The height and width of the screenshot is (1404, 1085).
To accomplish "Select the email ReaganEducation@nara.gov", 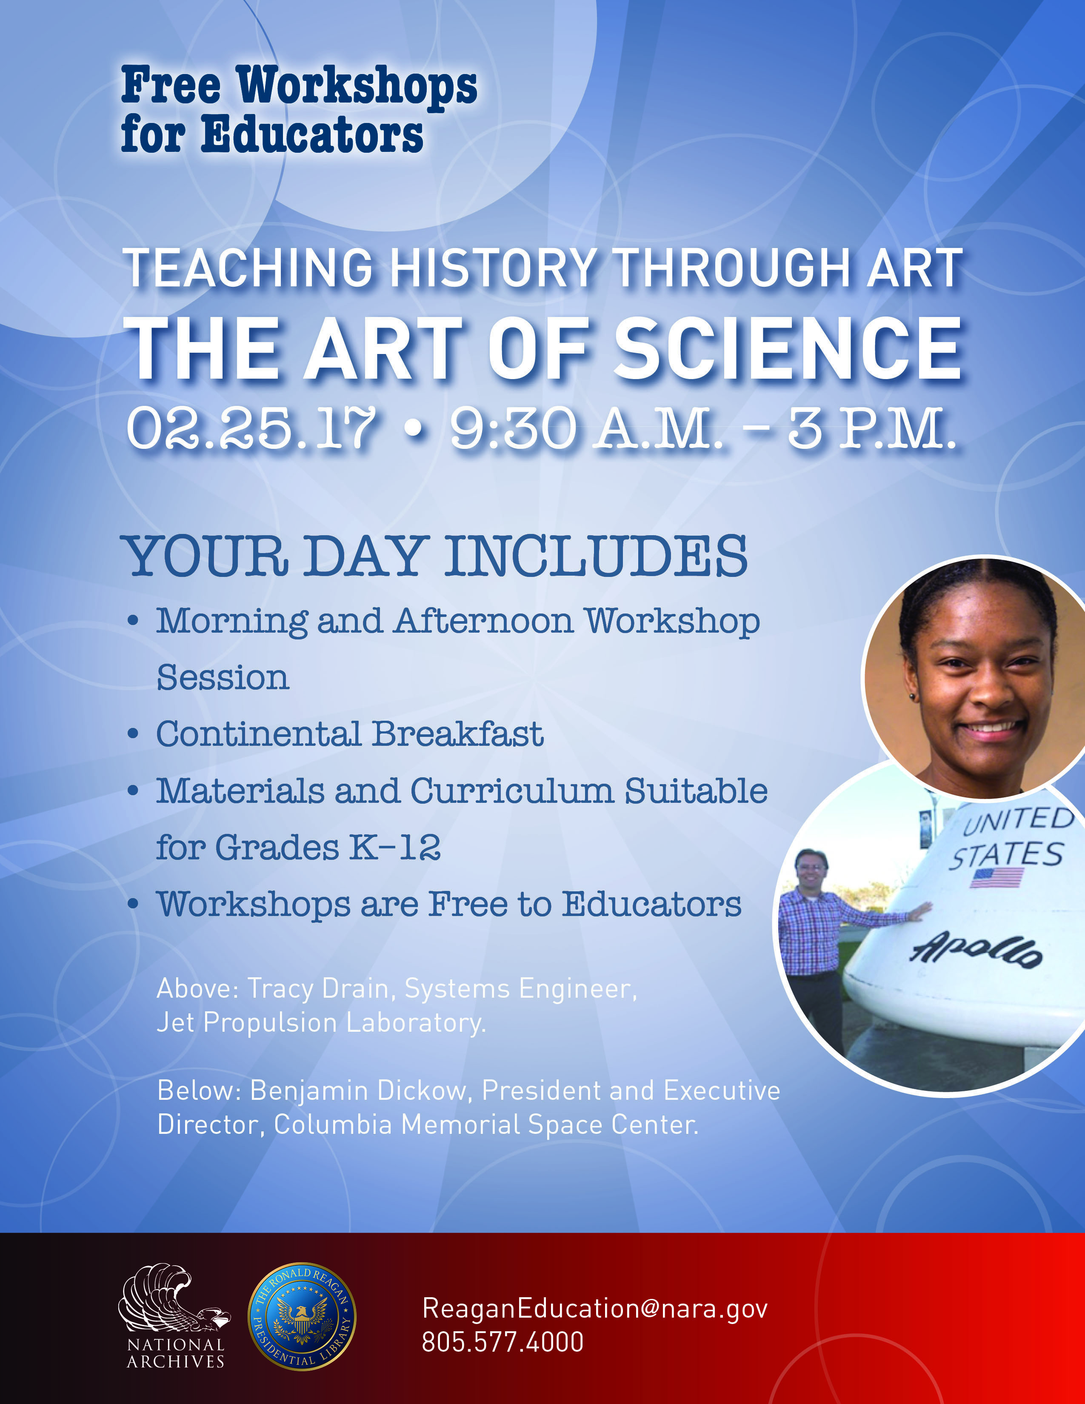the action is [594, 1308].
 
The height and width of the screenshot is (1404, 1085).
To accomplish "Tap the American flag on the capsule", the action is [996, 877].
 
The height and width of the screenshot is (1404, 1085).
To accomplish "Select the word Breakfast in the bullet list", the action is [458, 734].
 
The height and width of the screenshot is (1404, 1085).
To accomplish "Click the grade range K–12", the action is [395, 847].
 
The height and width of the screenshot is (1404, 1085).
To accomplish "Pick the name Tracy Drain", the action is [318, 988].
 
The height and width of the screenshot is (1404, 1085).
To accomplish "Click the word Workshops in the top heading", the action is [357, 86].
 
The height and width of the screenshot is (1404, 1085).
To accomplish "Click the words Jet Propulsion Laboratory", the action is [321, 1023].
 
